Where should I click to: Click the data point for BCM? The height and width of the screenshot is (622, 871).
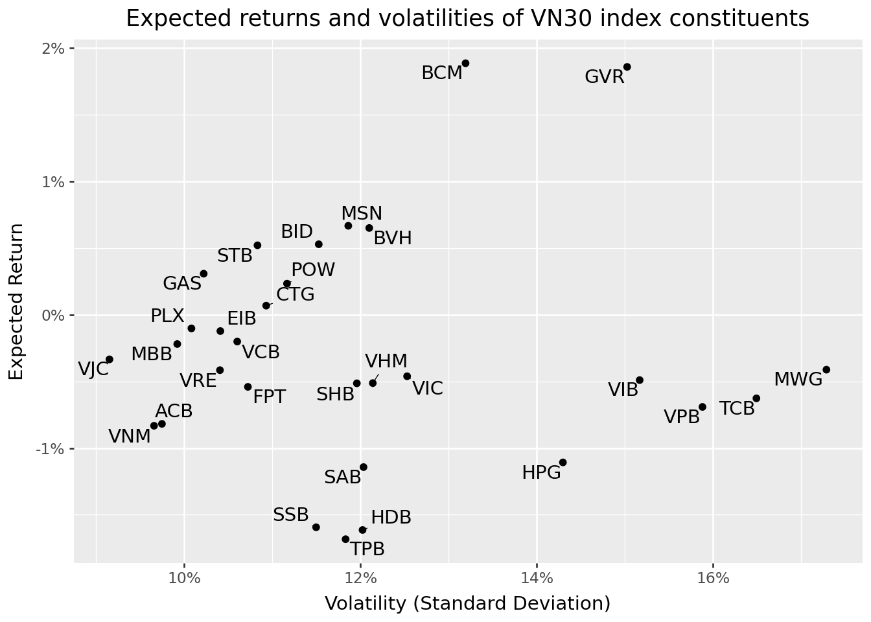(465, 63)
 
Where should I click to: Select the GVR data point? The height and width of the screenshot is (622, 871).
(627, 67)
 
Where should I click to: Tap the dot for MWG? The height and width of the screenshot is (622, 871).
(826, 369)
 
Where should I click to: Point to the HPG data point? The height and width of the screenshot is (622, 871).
(563, 462)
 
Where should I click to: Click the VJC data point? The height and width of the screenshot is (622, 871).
(110, 359)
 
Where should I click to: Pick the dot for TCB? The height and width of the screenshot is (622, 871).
(756, 398)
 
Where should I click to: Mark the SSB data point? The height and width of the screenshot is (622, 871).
(316, 527)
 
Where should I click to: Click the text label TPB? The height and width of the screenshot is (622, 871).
(367, 549)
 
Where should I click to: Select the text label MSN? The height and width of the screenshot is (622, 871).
(362, 214)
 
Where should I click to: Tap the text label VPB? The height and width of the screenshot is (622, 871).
(682, 417)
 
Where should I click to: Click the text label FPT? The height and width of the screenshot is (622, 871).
(269, 397)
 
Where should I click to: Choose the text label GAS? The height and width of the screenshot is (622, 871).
(182, 283)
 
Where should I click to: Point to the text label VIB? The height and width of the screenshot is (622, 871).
(623, 390)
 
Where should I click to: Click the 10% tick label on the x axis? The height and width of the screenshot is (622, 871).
(184, 577)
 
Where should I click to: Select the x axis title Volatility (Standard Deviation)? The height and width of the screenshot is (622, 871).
(467, 604)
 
